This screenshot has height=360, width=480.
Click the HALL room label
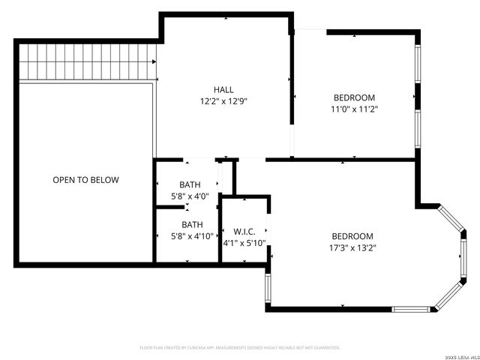click(x=223, y=88)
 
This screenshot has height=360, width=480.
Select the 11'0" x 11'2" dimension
click(x=354, y=109)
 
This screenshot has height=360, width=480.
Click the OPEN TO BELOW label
click(x=85, y=180)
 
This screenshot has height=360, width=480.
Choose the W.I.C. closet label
click(x=244, y=231)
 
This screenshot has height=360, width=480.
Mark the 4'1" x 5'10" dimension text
click(x=244, y=243)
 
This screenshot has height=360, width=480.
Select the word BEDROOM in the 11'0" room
click(x=354, y=97)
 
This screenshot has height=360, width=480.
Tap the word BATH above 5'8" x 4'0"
click(x=190, y=185)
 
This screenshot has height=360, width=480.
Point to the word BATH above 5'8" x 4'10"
click(x=192, y=224)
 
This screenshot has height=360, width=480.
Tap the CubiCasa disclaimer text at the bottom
click(x=240, y=348)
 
